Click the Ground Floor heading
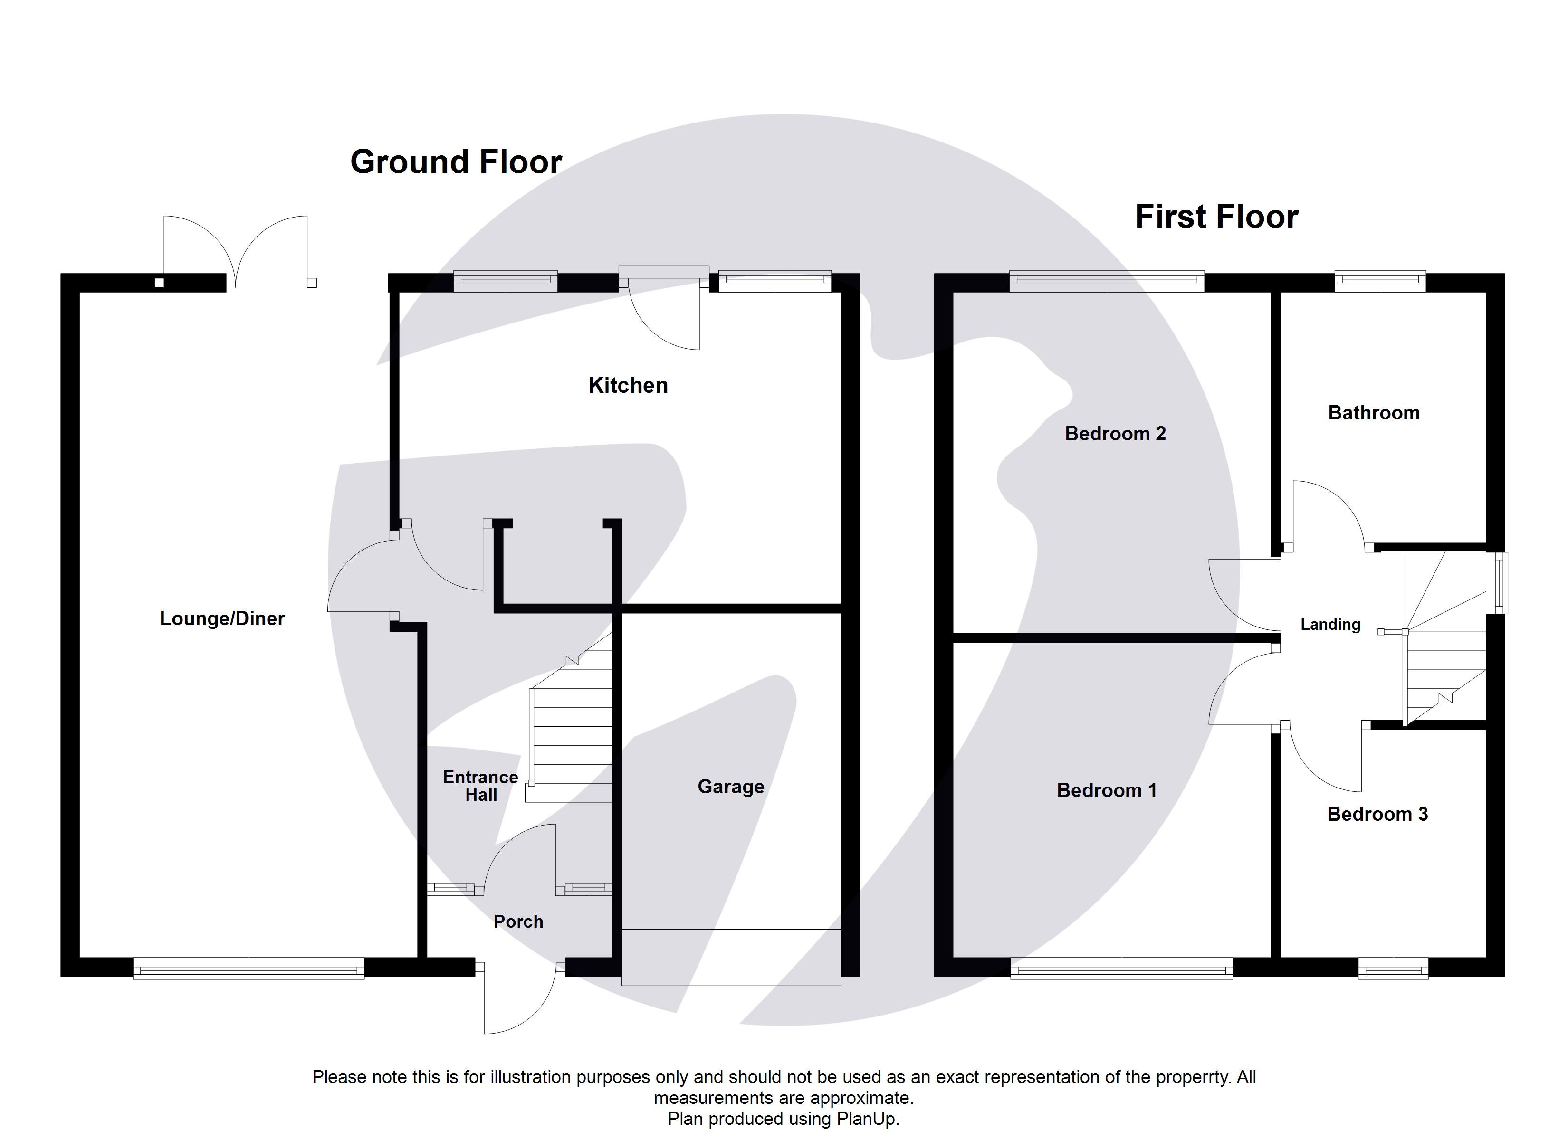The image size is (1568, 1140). (456, 162)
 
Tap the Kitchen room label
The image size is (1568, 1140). (628, 385)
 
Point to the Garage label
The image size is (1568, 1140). (731, 786)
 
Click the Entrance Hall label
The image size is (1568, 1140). (480, 786)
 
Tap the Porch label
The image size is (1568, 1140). (518, 921)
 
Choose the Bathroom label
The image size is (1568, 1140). (1373, 413)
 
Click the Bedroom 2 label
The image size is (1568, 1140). (1115, 434)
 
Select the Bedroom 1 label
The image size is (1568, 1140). (1106, 790)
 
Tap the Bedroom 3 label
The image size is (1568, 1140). (1377, 814)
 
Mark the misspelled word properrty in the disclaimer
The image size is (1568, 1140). (1193, 1077)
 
